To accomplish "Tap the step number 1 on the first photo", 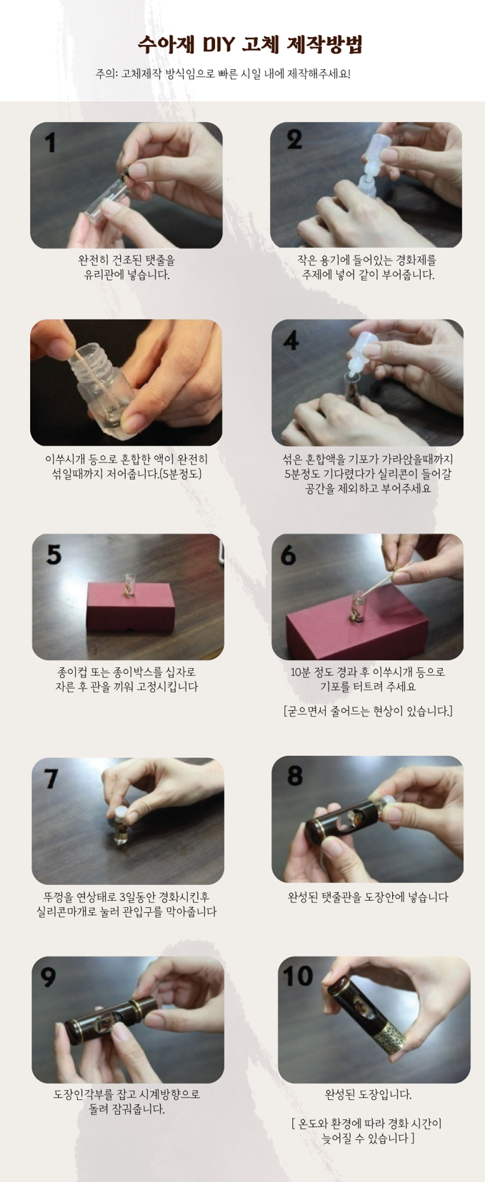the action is pyautogui.click(x=50, y=143).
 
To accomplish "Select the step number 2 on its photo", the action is pyautogui.click(x=294, y=140).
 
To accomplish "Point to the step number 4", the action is pyautogui.click(x=291, y=341).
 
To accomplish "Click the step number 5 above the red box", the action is pyautogui.click(x=54, y=554).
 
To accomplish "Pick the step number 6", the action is pyautogui.click(x=289, y=555).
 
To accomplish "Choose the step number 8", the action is pyautogui.click(x=295, y=776).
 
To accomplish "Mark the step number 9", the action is pyautogui.click(x=48, y=977).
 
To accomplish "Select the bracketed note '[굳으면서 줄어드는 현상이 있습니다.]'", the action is pyautogui.click(x=368, y=711).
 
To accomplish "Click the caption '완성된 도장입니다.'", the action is pyautogui.click(x=368, y=1094).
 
